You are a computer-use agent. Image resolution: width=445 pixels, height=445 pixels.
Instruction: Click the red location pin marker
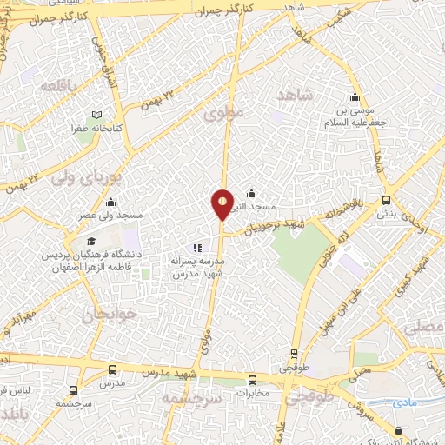(x=223, y=204)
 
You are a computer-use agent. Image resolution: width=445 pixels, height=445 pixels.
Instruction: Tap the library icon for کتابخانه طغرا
(x=97, y=115)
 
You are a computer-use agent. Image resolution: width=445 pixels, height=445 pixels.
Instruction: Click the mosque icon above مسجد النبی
(x=252, y=193)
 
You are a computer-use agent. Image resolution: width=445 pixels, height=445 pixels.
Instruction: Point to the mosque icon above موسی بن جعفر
(x=354, y=97)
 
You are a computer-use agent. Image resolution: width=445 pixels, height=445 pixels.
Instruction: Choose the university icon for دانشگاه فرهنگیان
(x=91, y=241)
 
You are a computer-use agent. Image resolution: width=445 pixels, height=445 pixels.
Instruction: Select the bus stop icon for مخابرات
(x=252, y=379)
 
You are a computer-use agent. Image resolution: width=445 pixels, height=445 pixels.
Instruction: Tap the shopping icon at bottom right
(x=398, y=429)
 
